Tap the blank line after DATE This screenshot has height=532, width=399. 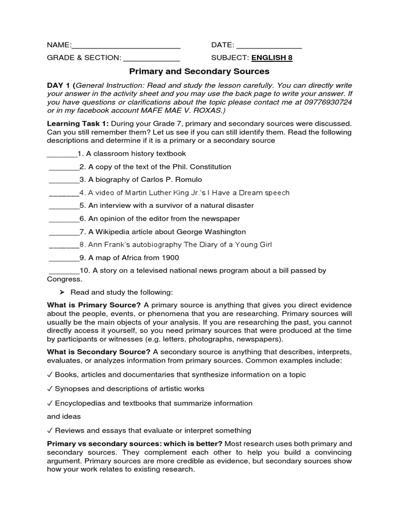pyautogui.click(x=269, y=45)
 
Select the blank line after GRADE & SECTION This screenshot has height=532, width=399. pyautogui.click(x=152, y=58)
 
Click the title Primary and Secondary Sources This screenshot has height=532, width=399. pyautogui.click(x=199, y=71)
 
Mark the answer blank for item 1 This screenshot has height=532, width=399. pyautogui.click(x=62, y=154)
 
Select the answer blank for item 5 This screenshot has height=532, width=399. pyautogui.click(x=63, y=206)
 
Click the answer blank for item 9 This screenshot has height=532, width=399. pyautogui.click(x=63, y=258)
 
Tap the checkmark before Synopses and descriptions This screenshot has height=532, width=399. pyautogui.click(x=49, y=389)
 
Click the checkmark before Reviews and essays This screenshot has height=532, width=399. pyautogui.click(x=49, y=430)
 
